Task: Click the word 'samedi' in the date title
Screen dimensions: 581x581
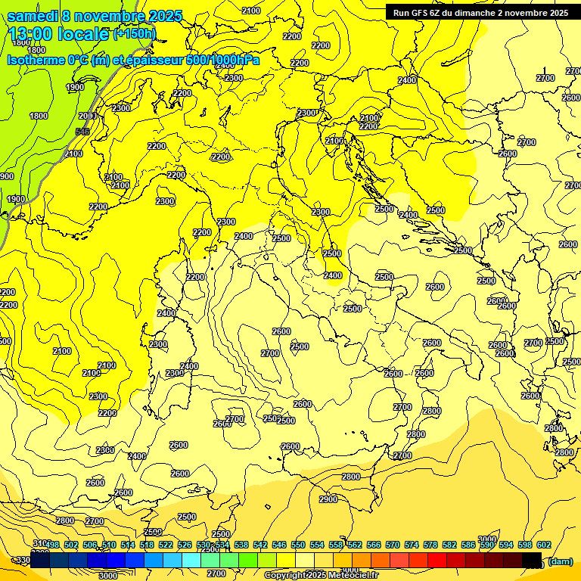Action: (33, 16)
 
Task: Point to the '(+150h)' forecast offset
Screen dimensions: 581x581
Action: (135, 34)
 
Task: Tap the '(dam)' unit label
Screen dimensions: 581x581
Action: (560, 561)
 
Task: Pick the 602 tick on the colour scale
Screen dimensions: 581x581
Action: (543, 545)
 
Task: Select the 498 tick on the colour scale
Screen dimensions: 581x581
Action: (52, 545)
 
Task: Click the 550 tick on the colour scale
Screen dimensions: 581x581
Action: (298, 545)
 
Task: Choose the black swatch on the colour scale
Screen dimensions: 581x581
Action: (532, 560)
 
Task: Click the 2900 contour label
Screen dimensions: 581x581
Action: (328, 500)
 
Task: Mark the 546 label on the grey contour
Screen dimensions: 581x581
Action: (82, 132)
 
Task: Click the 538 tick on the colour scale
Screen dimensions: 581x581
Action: (241, 545)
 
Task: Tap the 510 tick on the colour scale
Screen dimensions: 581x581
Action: (109, 545)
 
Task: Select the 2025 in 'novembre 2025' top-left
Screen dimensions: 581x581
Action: (166, 16)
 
